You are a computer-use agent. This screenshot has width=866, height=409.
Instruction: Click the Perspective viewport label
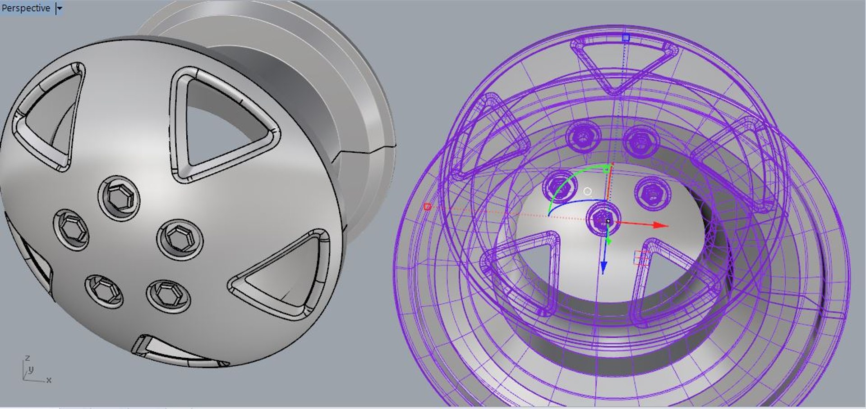[26, 8]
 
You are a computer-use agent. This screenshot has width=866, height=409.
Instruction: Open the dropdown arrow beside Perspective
[59, 8]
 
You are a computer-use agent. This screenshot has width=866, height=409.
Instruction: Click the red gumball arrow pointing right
[659, 224]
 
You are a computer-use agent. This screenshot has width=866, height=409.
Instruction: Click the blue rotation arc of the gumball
[577, 203]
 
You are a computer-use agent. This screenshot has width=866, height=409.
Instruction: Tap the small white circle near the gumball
[587, 191]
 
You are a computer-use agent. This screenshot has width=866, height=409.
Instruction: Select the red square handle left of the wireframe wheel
[427, 207]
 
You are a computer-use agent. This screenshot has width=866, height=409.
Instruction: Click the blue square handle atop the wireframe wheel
[626, 38]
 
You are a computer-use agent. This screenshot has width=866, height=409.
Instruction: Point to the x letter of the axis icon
[49, 380]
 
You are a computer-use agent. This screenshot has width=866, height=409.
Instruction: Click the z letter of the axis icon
[27, 358]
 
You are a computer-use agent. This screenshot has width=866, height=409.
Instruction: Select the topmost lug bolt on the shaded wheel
[119, 198]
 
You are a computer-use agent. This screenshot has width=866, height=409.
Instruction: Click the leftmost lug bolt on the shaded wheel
[71, 229]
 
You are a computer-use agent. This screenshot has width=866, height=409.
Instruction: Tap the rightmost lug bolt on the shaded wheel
[180, 238]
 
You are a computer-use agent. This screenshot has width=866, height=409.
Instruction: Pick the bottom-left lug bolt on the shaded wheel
[104, 291]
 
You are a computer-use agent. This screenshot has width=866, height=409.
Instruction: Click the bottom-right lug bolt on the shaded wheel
[168, 295]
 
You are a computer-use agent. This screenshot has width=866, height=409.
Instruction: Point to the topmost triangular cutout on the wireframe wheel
[620, 63]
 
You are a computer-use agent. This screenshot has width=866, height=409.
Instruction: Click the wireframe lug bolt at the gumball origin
[601, 220]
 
